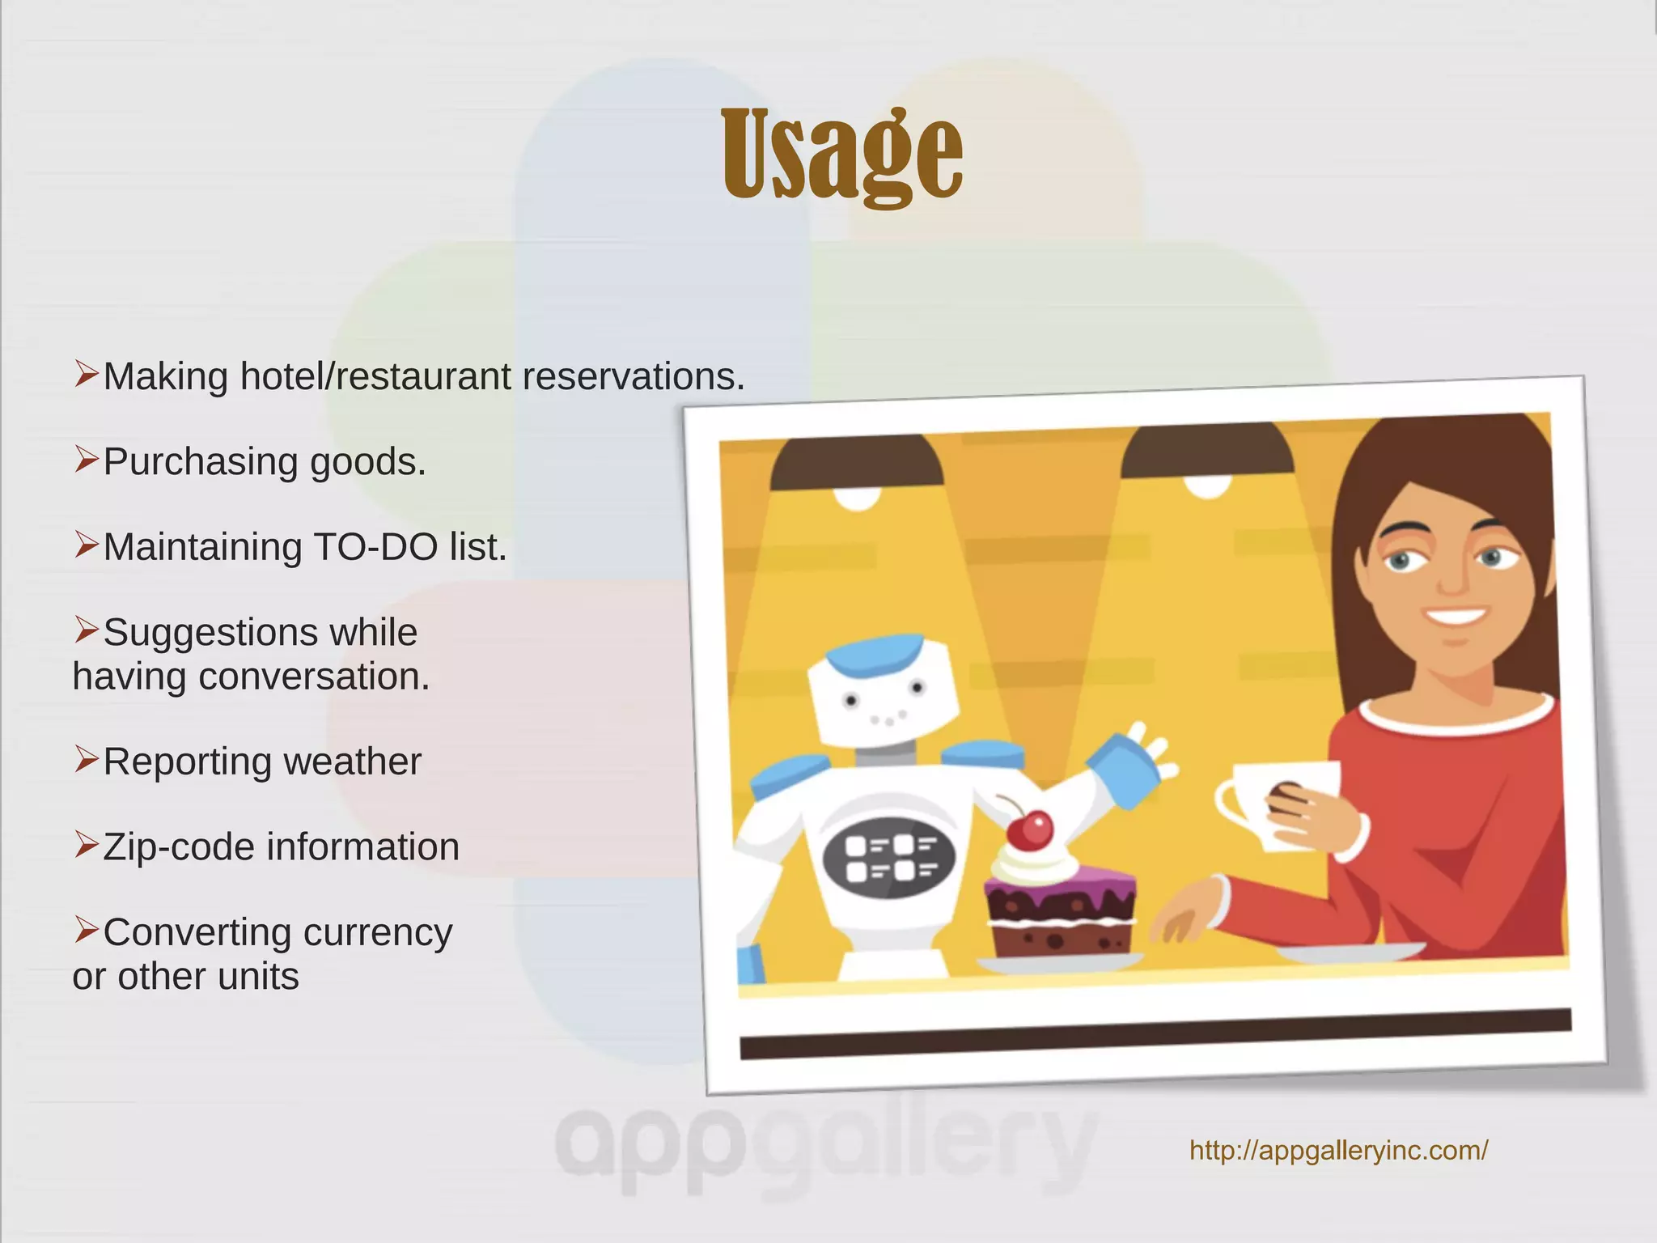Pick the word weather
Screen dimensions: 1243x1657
pyautogui.click(x=352, y=762)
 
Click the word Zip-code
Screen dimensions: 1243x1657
pyautogui.click(x=179, y=847)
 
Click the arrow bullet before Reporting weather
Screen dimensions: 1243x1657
pyautogui.click(x=86, y=759)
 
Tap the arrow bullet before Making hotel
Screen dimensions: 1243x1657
pyautogui.click(x=86, y=374)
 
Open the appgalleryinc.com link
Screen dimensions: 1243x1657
pyautogui.click(x=1338, y=1150)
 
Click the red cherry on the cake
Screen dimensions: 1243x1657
pyautogui.click(x=1030, y=830)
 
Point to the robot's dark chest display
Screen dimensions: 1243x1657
pyautogui.click(x=889, y=858)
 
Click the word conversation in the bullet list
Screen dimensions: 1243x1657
pyautogui.click(x=314, y=677)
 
